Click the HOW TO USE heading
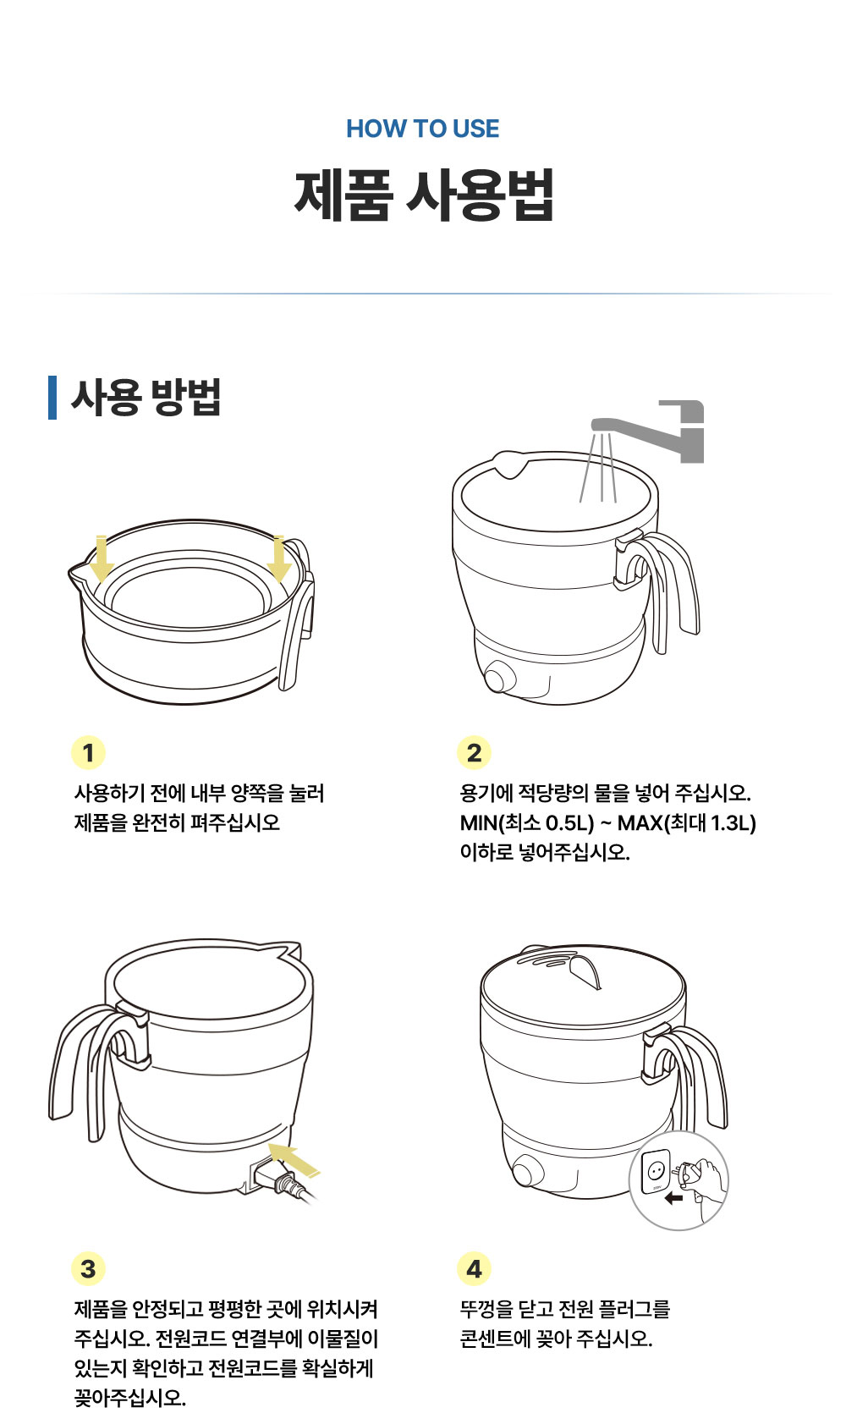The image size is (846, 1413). pos(422,129)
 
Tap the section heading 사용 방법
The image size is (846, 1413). pos(146,397)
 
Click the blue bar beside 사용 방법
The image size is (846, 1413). pos(52,397)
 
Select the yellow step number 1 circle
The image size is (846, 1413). pos(88,752)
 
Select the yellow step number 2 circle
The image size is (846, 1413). pos(474,752)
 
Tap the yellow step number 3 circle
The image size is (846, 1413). pos(88,1268)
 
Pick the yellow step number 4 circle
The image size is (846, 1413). pos(474,1268)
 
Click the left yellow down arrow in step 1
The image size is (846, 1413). pos(102,560)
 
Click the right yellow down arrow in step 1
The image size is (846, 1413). pos(278,560)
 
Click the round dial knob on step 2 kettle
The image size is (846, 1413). pos(499,678)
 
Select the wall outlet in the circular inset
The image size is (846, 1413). pos(655,1171)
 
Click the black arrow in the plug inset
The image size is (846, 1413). pos(673,1198)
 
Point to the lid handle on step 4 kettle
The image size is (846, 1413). pos(585,970)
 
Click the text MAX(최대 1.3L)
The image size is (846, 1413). pos(686,822)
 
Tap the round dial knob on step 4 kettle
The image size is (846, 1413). pos(527,1173)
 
